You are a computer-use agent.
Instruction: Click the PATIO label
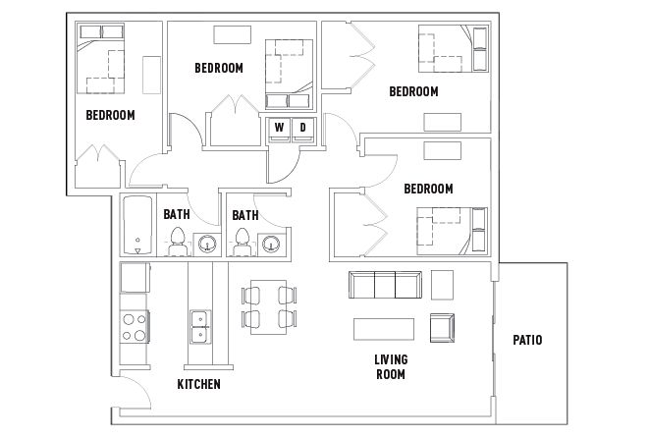(527, 340)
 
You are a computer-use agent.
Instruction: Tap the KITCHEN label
(198, 384)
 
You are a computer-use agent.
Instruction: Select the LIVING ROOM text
(391, 366)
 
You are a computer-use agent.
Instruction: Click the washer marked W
(280, 130)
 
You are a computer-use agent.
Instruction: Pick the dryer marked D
(303, 130)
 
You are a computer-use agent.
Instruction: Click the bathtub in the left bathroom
(137, 225)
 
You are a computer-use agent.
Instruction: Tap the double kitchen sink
(200, 327)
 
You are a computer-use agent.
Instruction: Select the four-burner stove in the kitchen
(135, 327)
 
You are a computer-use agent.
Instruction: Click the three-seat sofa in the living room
(385, 285)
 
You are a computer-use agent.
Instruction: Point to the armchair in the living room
(442, 328)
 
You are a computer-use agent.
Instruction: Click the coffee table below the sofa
(384, 329)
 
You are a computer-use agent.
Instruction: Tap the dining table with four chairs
(269, 306)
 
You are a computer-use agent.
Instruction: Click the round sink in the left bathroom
(206, 244)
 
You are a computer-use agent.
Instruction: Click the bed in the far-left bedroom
(100, 58)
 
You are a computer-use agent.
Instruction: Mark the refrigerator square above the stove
(135, 277)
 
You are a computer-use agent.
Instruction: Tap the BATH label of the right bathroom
(245, 215)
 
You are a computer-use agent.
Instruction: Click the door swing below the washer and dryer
(285, 166)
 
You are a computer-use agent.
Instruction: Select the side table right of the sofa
(442, 285)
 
